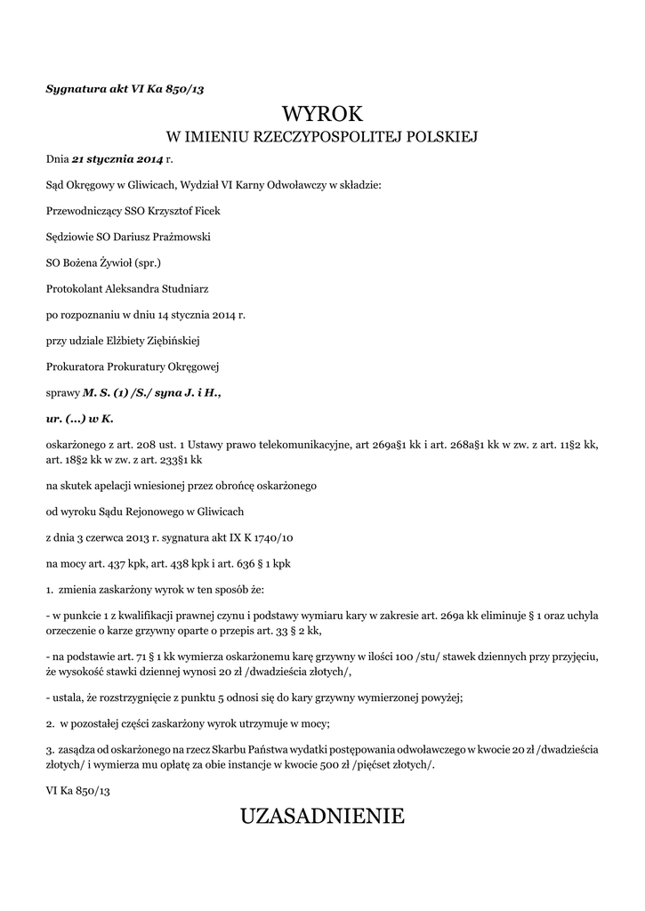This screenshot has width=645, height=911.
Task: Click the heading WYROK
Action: coord(322,114)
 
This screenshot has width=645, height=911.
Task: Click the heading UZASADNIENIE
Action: coord(322,816)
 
